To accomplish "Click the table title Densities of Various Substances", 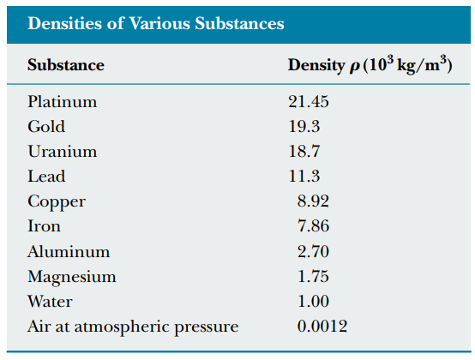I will pos(155,23).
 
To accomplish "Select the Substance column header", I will pos(66,65).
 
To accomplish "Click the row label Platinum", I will pos(63,102).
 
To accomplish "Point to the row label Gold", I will pos(46,127).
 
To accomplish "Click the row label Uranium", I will pos(62,152).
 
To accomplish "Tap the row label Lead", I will pos(46,177).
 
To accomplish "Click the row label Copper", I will pos(57,202).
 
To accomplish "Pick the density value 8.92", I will pos(313,202).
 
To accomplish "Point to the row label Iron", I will pos(44,227).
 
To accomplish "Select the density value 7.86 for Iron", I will pos(313,227).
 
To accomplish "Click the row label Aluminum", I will pos(69,252).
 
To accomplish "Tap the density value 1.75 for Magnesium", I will pos(313,277).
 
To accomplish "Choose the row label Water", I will pos(50,302).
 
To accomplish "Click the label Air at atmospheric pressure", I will pos(133,327).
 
